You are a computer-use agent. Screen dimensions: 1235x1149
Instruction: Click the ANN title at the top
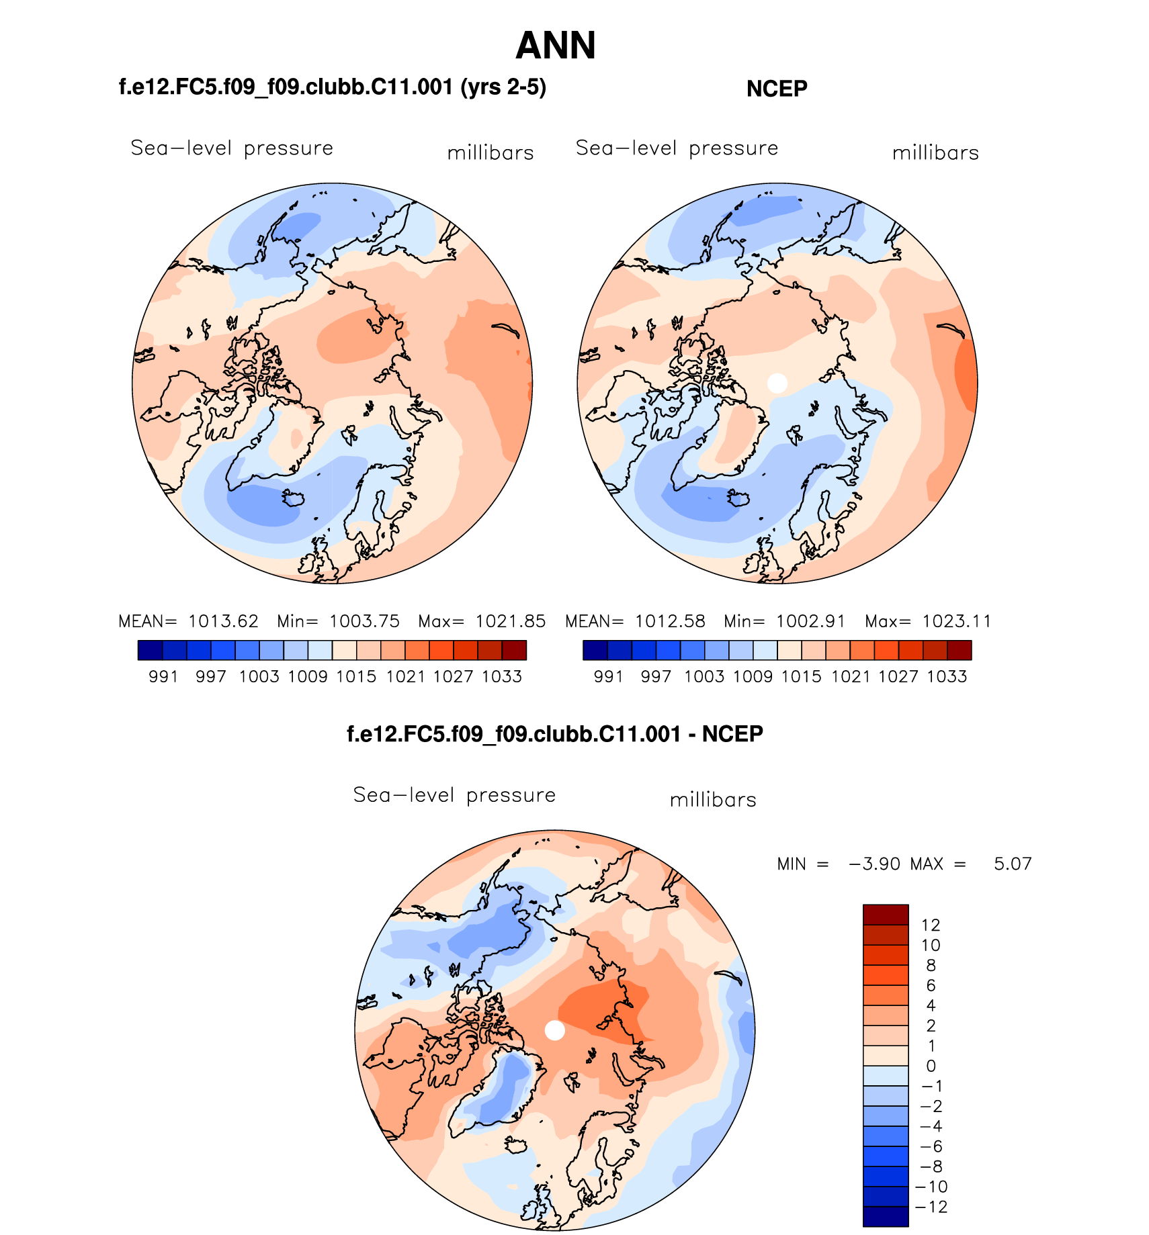click(x=555, y=46)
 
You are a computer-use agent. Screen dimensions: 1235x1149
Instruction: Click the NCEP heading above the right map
click(x=776, y=89)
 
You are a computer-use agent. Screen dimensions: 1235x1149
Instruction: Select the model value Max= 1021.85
click(x=482, y=621)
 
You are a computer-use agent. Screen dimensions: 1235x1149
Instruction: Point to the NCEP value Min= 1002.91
click(x=784, y=621)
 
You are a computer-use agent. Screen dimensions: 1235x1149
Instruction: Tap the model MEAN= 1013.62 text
click(x=188, y=621)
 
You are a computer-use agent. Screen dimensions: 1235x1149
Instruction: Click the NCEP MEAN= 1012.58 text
click(x=635, y=621)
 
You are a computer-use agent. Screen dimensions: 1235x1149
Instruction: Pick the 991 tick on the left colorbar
click(x=163, y=676)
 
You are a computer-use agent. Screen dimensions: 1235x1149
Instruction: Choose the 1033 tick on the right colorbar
click(x=947, y=676)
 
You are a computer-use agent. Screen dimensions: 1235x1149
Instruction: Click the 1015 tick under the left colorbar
click(x=356, y=676)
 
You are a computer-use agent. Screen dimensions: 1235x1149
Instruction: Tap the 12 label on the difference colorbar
click(x=931, y=925)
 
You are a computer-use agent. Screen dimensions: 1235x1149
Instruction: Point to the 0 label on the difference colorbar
click(x=931, y=1066)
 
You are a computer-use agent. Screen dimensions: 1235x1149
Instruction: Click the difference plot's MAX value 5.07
click(x=1012, y=864)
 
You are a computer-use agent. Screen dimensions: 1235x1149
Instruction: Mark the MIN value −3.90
click(x=874, y=864)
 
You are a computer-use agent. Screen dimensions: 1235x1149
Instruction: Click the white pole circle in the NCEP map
click(x=777, y=383)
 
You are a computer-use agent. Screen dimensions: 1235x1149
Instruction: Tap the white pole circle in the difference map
click(x=554, y=1030)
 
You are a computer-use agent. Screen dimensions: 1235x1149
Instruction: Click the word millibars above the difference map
click(x=713, y=800)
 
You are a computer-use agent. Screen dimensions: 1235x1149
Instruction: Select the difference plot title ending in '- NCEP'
click(x=554, y=734)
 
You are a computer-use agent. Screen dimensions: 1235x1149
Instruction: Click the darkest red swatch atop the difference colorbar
click(x=886, y=915)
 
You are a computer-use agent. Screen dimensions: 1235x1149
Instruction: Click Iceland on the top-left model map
click(x=294, y=498)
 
